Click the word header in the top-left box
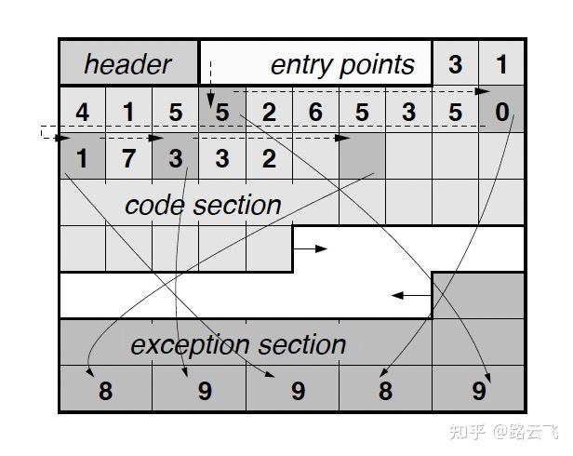pyautogui.click(x=128, y=64)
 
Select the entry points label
pyautogui.click(x=341, y=64)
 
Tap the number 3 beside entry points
pyautogui.click(x=455, y=64)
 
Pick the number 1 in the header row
pyautogui.click(x=502, y=64)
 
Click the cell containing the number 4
pyautogui.click(x=83, y=113)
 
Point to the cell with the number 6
pyautogui.click(x=315, y=113)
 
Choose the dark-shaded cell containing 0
pyautogui.click(x=502, y=113)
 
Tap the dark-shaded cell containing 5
pyautogui.click(x=221, y=113)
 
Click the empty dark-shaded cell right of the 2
pyautogui.click(x=362, y=155)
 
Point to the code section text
pyautogui.click(x=202, y=205)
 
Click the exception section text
pyautogui.click(x=238, y=344)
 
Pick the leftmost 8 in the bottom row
pyautogui.click(x=105, y=391)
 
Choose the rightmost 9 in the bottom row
pyautogui.click(x=479, y=391)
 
